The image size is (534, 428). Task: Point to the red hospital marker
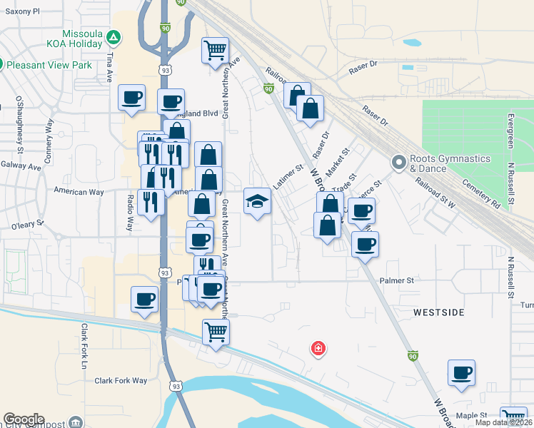pyautogui.click(x=318, y=349)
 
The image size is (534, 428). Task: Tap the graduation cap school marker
pyautogui.click(x=257, y=201)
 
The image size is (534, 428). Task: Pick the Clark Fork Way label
pyautogui.click(x=121, y=381)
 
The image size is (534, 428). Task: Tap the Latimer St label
pyautogui.click(x=288, y=177)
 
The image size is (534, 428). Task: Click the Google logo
pyautogui.click(x=24, y=419)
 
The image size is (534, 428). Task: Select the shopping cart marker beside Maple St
pyautogui.click(x=513, y=417)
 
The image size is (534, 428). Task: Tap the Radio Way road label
pyautogui.click(x=130, y=213)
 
